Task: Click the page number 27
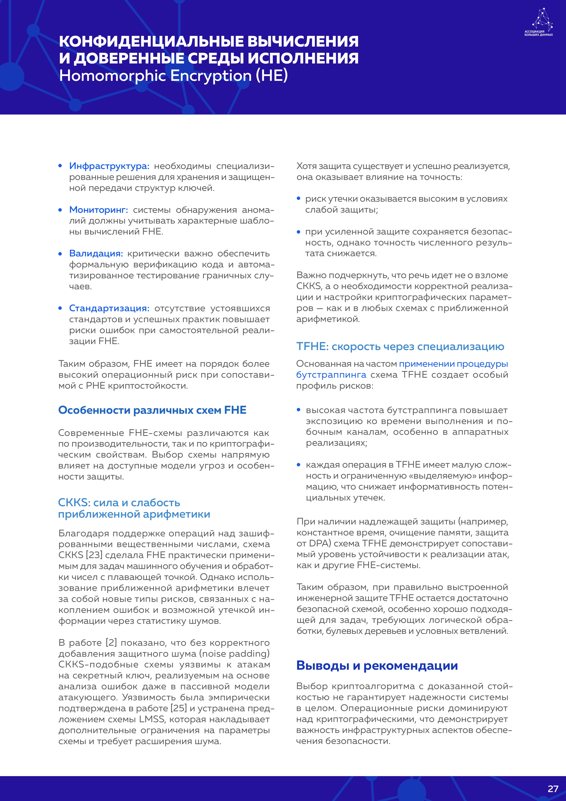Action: (553, 789)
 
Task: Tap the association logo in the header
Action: (539, 22)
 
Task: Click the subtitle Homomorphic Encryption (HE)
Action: (173, 76)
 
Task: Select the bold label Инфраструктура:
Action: (109, 166)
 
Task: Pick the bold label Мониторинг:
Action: (99, 210)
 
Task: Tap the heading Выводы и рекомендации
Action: (377, 665)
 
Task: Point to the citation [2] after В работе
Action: (111, 643)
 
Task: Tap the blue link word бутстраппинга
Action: (331, 375)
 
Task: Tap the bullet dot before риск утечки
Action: (298, 198)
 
